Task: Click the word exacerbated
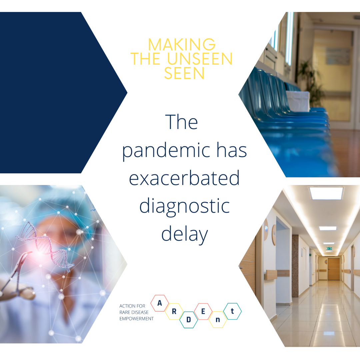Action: (x=184, y=178)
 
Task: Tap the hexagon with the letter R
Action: (x=174, y=312)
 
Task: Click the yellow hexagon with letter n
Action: (x=218, y=320)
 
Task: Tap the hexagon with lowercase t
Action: (x=232, y=311)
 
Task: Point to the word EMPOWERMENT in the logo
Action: (x=136, y=319)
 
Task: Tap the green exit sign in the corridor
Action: (x=329, y=248)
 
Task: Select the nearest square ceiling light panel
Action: (x=326, y=193)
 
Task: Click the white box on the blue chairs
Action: (x=298, y=101)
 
